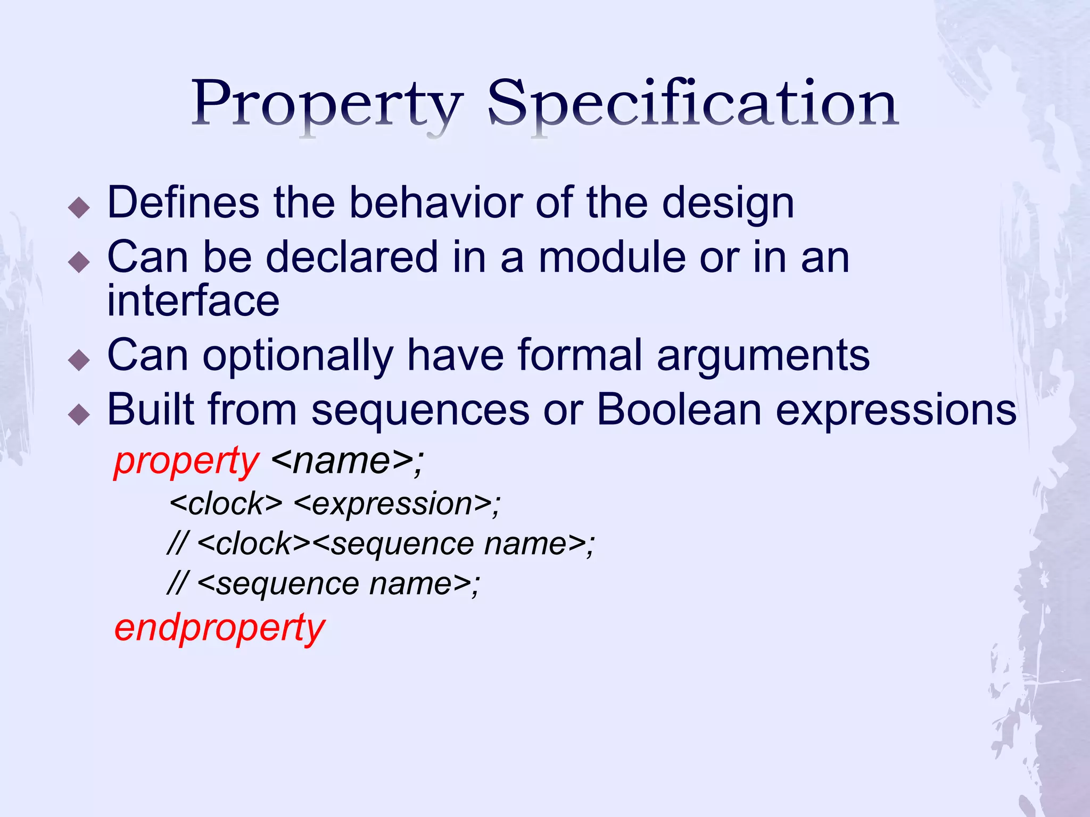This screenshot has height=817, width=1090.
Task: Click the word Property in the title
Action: point(327,104)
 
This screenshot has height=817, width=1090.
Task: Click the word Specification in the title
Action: point(692,104)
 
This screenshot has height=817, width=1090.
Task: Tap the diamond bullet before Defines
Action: point(79,207)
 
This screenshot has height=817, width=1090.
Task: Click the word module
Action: point(612,257)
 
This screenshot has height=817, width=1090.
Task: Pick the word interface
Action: point(193,301)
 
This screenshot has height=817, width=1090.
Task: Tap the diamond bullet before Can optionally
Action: point(79,360)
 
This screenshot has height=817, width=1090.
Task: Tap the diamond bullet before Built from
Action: point(79,414)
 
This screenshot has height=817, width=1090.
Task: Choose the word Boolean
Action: point(679,410)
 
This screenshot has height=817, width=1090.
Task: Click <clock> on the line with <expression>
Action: point(226,504)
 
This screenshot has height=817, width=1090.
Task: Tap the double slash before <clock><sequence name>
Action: point(177,544)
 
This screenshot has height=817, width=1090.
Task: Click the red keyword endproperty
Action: point(219,629)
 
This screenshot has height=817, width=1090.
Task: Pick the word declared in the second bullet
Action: point(351,257)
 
